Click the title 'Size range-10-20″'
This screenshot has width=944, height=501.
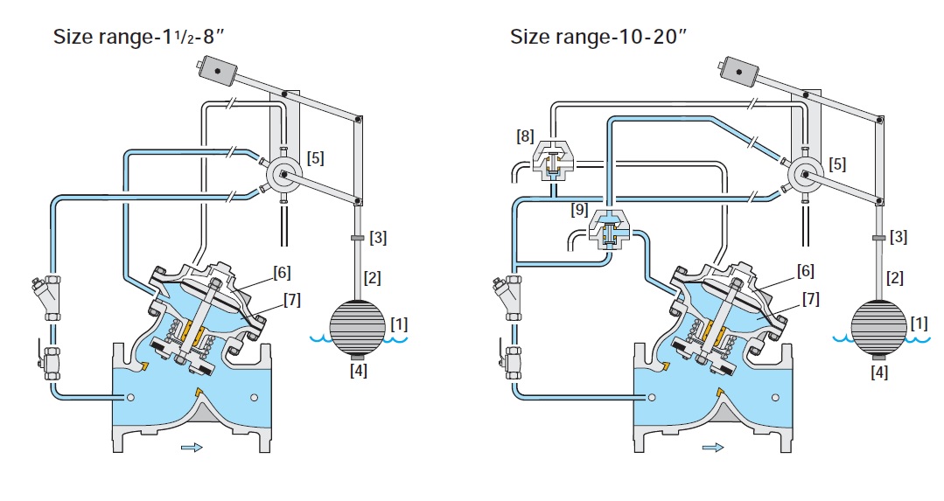[598, 38]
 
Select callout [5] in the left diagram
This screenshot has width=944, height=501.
[316, 158]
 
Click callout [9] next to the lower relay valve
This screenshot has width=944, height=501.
[577, 209]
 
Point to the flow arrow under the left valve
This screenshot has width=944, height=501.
[192, 448]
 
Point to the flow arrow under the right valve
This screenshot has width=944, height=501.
[713, 448]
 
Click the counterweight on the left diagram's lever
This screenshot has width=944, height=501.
[216, 68]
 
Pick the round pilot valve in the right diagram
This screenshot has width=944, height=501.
[804, 177]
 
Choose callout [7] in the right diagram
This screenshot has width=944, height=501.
[811, 300]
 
